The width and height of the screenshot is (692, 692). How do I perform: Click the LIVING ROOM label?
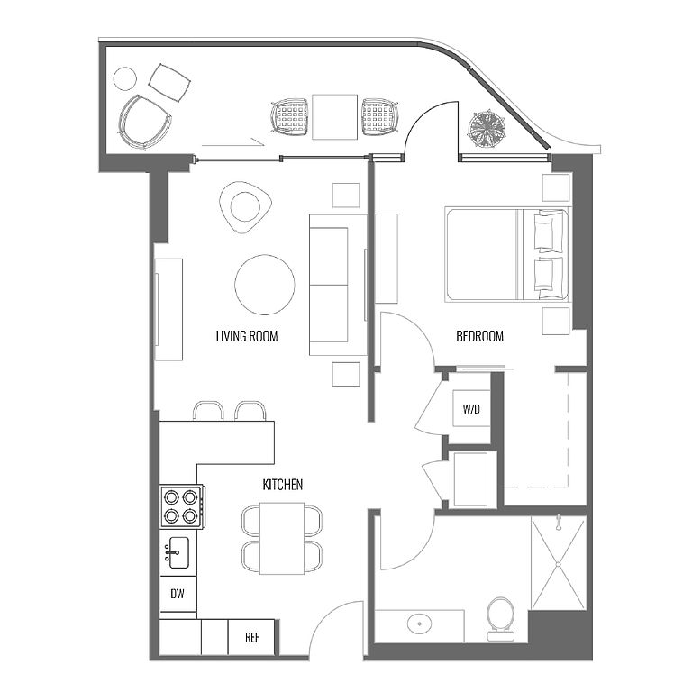[x=247, y=336]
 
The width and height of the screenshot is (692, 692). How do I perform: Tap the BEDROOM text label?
[x=479, y=336]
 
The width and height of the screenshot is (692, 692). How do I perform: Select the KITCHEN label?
[x=282, y=485]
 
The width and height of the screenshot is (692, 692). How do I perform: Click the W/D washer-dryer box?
[x=471, y=409]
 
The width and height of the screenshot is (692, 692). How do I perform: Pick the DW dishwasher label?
[x=178, y=594]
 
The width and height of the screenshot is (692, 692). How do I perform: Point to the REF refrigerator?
[x=251, y=637]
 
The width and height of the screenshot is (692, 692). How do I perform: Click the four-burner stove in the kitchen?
[x=182, y=506]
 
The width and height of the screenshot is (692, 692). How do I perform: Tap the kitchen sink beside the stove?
[x=178, y=552]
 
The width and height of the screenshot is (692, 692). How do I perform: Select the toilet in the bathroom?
[x=500, y=619]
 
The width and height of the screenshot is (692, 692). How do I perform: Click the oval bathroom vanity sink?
[x=420, y=624]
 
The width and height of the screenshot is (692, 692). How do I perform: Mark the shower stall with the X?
[x=559, y=563]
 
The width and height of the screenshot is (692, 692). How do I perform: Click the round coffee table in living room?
[x=264, y=285]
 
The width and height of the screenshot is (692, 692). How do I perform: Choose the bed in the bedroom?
[x=508, y=255]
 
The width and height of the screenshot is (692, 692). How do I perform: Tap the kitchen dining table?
[x=281, y=539]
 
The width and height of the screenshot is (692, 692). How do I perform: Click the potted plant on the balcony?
[x=487, y=129]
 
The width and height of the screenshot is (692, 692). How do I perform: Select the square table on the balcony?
[x=334, y=117]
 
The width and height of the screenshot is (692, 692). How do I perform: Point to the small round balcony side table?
[x=125, y=78]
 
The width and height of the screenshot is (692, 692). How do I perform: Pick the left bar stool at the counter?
[x=208, y=411]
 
